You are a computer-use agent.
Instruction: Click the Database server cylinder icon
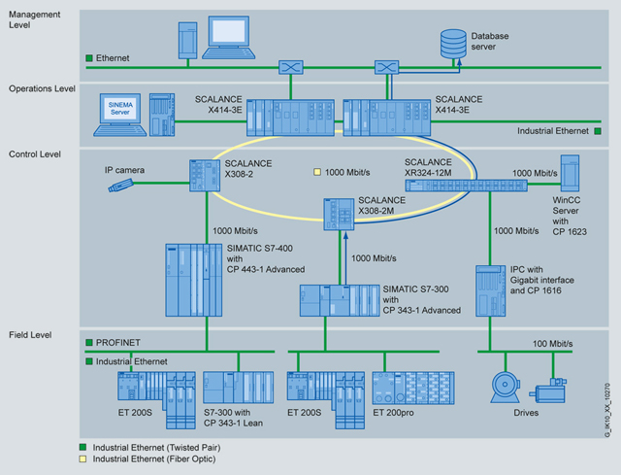tap(453, 42)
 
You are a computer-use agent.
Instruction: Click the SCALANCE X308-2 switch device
tap(206, 174)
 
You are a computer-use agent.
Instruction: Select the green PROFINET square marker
tap(88, 343)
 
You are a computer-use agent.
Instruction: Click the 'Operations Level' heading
tap(43, 88)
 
